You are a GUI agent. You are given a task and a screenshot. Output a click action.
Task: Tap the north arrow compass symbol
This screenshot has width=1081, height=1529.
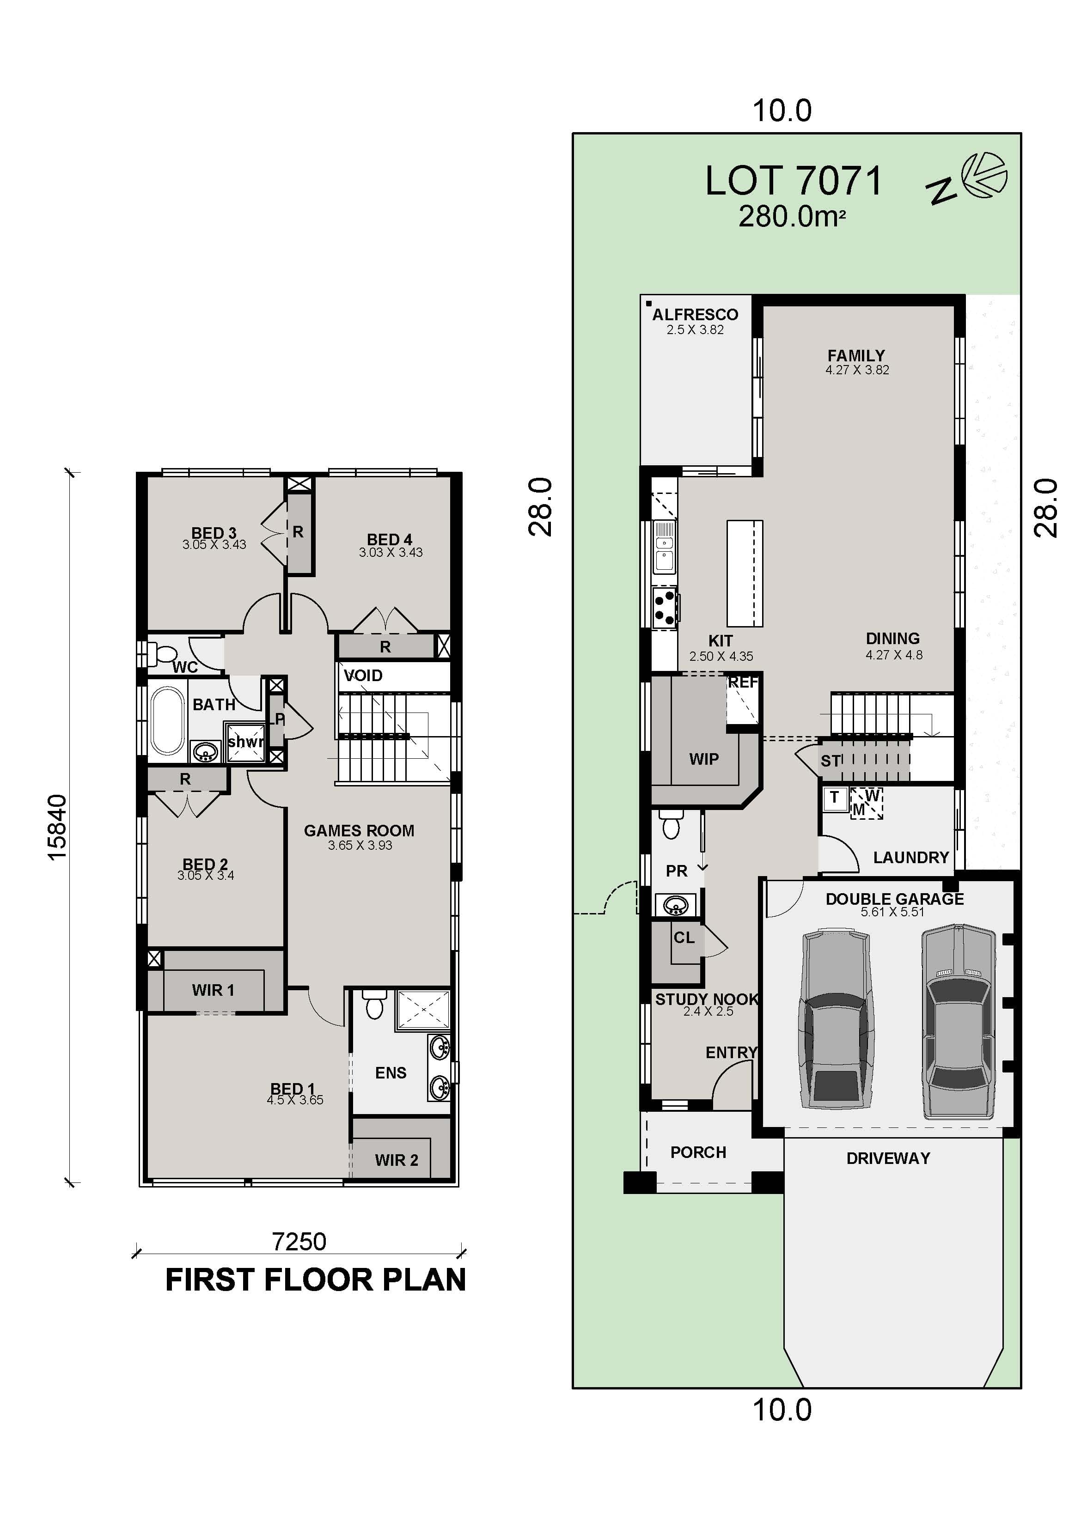[x=985, y=176]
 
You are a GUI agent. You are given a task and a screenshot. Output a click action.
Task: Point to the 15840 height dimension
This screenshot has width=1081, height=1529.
[x=57, y=827]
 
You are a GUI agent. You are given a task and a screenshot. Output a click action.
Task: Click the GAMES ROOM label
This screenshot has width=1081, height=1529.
[x=359, y=830]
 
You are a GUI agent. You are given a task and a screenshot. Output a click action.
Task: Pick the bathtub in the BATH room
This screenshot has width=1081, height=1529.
[x=168, y=721]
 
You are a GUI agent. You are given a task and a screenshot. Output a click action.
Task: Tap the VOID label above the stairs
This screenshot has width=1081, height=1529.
[x=363, y=675]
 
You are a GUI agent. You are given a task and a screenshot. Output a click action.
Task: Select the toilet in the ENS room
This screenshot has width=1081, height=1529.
[x=375, y=1005]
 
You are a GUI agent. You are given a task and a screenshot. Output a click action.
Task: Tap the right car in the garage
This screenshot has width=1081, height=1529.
[x=959, y=1019]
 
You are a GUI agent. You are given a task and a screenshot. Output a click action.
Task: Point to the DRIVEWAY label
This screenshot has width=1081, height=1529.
[x=888, y=1158]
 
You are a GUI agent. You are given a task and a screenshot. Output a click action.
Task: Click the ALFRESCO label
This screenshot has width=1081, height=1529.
[x=695, y=314]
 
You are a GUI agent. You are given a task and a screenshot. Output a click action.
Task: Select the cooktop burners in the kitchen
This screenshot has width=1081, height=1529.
[x=665, y=607]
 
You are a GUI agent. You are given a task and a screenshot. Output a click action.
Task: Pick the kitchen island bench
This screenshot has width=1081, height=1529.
[x=745, y=573]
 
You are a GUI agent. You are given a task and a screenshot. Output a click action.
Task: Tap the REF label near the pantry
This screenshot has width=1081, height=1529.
[x=743, y=682]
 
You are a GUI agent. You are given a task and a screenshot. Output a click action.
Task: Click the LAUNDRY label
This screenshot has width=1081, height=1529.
[x=910, y=857]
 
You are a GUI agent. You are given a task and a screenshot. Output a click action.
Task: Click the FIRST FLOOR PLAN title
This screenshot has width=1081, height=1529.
[x=315, y=1280]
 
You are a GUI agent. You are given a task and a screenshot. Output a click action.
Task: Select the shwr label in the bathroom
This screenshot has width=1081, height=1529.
[x=245, y=742]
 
